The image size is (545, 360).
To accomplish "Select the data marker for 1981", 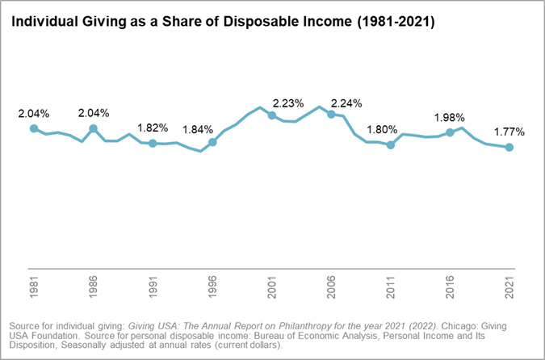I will (33, 128).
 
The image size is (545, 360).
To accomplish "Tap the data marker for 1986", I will (93, 128).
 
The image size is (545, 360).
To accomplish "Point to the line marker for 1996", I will (212, 142).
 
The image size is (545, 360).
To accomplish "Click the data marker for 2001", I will (271, 115).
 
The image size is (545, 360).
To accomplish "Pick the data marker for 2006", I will (331, 115).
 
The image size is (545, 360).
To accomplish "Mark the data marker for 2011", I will (391, 145).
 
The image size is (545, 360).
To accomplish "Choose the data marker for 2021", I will (509, 148).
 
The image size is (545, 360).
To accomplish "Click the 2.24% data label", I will (346, 103).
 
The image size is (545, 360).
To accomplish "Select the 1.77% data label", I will (509, 132).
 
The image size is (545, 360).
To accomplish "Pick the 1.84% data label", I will (199, 129).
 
